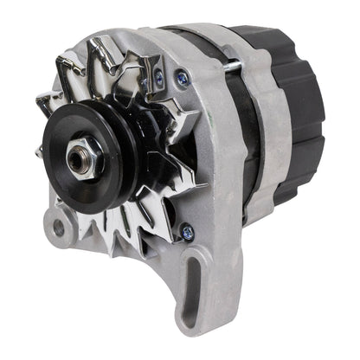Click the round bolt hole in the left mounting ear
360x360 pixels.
pos(58,228)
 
